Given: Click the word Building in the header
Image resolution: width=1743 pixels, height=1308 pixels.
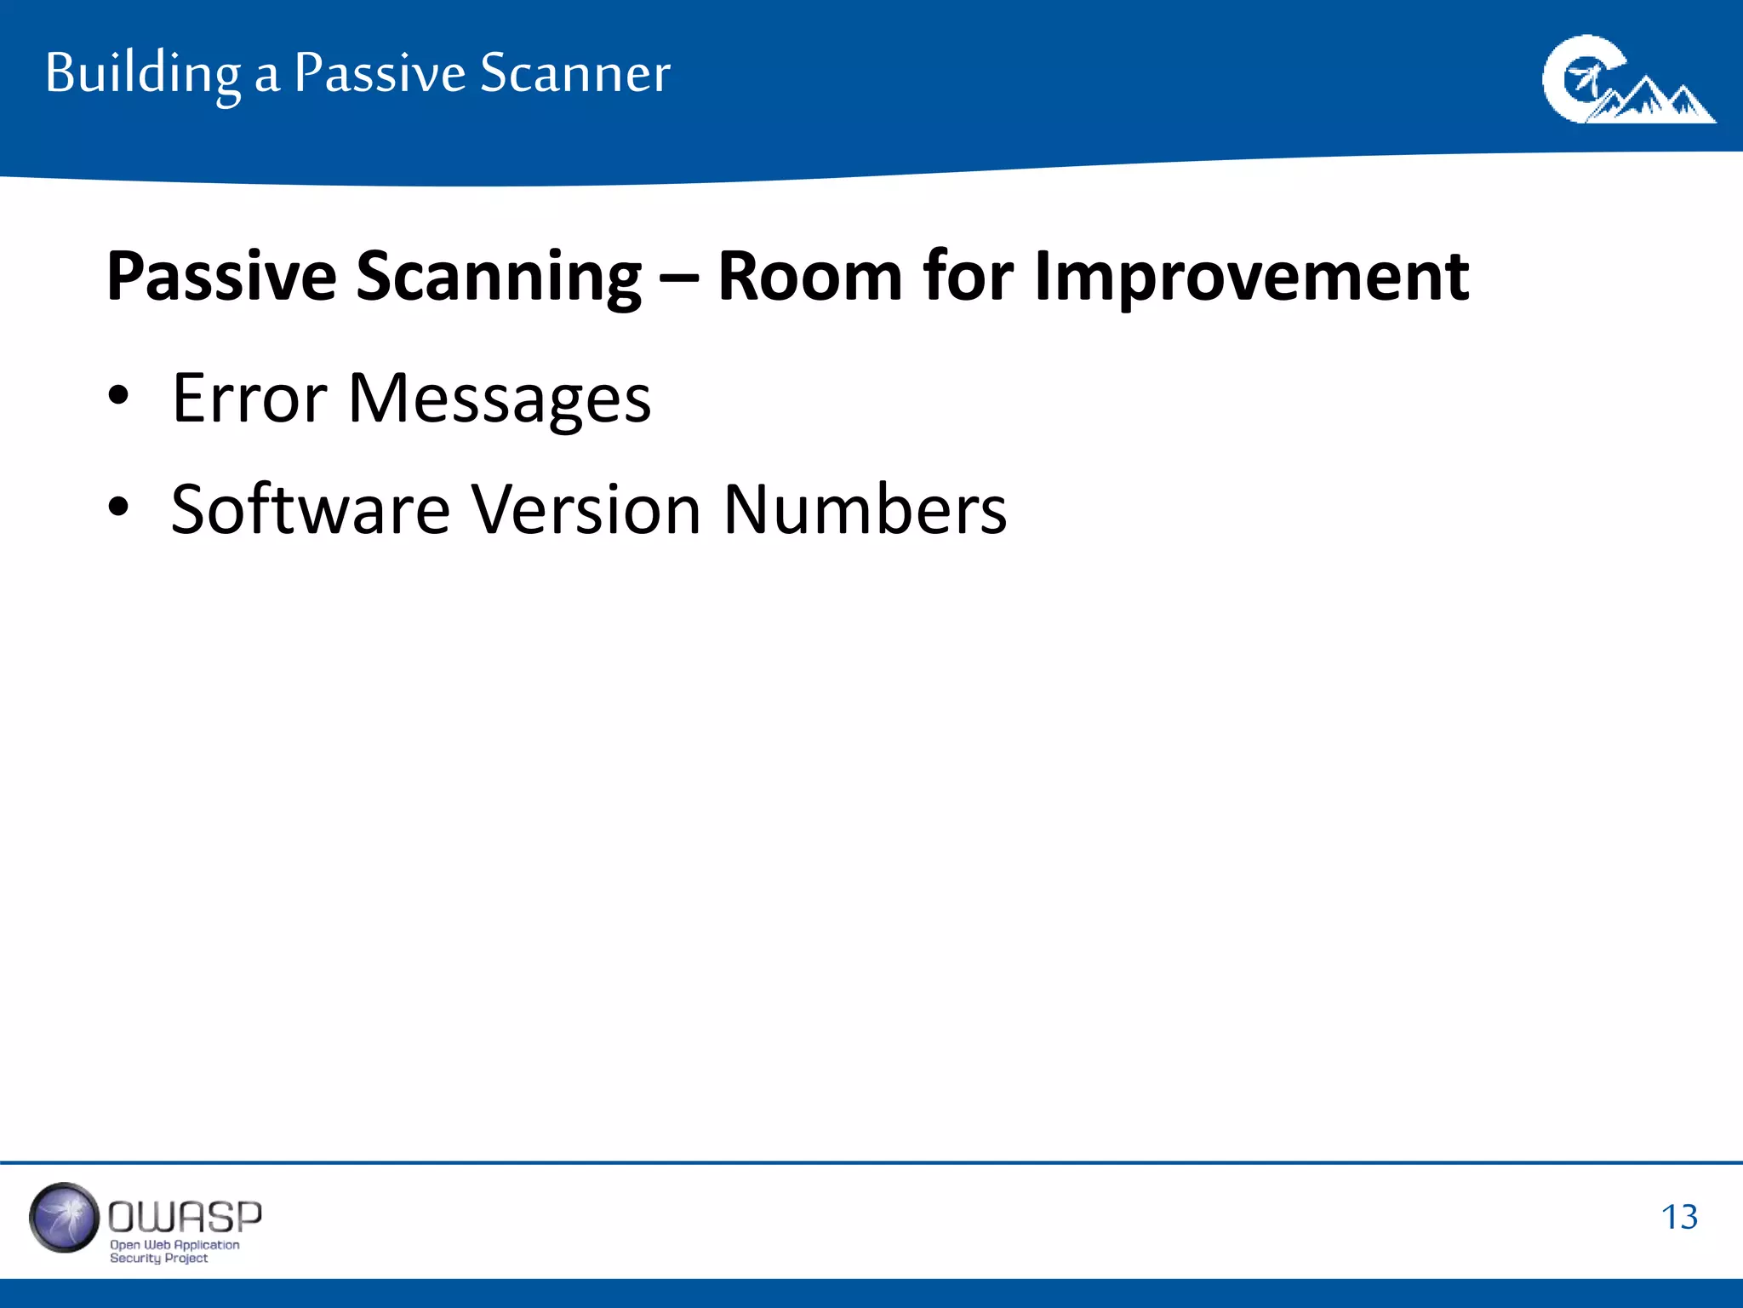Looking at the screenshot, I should (x=143, y=73).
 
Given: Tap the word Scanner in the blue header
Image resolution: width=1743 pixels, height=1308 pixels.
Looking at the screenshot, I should (x=575, y=73).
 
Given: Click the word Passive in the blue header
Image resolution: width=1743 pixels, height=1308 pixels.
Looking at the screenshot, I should (x=380, y=73).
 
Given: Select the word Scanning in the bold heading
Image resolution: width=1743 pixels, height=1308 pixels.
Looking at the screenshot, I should (x=499, y=277).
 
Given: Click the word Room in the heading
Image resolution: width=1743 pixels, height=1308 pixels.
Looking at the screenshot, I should (x=809, y=277).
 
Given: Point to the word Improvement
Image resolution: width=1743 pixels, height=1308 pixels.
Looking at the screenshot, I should (x=1251, y=277).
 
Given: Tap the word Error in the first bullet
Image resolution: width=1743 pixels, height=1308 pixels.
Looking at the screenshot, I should (x=249, y=398).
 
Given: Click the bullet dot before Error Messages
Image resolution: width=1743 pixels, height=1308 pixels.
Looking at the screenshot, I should (x=118, y=395).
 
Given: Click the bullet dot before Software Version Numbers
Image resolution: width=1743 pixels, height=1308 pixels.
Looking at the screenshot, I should (x=118, y=507).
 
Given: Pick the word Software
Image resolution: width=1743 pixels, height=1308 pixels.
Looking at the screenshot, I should (x=310, y=508).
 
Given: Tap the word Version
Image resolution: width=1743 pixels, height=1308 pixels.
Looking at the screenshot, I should (x=586, y=508).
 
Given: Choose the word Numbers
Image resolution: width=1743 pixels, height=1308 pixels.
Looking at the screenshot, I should (x=865, y=508).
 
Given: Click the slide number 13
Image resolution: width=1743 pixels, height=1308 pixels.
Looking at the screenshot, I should (x=1678, y=1217).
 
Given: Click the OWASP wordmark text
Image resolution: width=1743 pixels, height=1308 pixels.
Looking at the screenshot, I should (x=185, y=1217).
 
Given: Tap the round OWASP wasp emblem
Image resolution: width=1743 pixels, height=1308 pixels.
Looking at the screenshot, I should (x=64, y=1218).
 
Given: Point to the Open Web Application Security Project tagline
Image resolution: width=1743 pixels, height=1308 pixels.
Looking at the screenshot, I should (x=174, y=1251).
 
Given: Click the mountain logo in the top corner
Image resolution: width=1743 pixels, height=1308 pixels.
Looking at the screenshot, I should (x=1627, y=81).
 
